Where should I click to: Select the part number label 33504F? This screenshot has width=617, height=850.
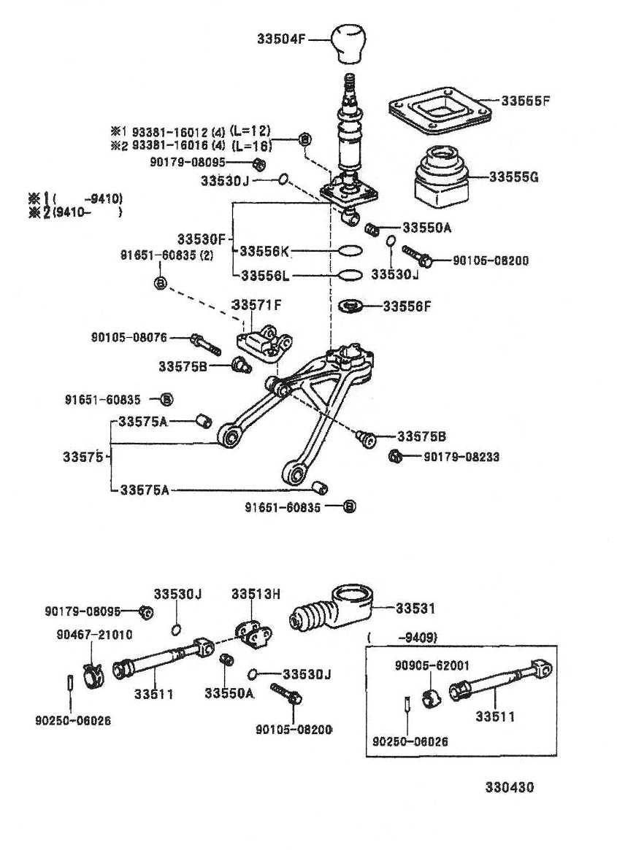coord(280,38)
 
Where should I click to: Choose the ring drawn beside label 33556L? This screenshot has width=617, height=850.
coord(350,276)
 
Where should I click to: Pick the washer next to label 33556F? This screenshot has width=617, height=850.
coord(353,305)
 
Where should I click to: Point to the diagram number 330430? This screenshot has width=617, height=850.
coord(510,788)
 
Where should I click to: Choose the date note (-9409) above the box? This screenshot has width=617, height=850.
coord(403,637)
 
